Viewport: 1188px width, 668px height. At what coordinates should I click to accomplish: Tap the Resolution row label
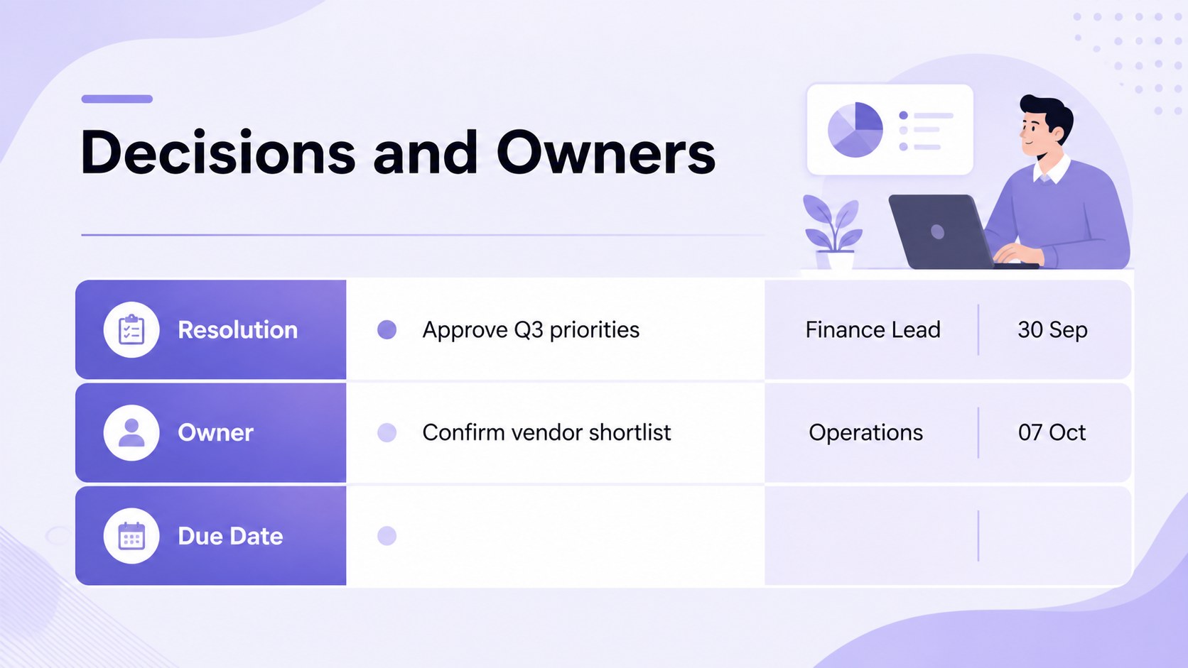237,329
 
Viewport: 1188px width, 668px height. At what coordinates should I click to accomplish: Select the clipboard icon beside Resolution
131,329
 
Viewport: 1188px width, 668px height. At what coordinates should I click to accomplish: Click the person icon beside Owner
131,432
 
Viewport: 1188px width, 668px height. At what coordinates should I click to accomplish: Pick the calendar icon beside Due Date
131,535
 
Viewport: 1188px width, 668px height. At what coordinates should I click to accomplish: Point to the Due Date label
230,535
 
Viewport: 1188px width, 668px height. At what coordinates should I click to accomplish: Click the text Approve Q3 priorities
531,330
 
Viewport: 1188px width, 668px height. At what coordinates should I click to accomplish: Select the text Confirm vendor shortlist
547,432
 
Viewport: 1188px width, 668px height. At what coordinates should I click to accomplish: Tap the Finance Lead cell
873,329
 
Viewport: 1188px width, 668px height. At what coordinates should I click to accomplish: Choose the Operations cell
865,433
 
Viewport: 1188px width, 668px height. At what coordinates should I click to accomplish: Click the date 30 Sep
1052,329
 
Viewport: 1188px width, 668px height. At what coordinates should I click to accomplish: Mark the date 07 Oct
1052,432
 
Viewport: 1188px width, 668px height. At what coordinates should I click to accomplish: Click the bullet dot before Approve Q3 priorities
387,329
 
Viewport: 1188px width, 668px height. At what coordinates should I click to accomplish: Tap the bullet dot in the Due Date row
387,535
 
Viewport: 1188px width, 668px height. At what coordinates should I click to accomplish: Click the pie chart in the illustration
855,130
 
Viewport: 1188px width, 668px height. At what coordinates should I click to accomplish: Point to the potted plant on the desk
833,231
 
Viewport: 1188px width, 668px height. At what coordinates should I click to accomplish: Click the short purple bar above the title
117,99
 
